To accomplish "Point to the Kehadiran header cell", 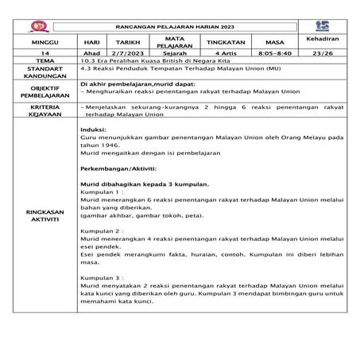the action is coord(322,38).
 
